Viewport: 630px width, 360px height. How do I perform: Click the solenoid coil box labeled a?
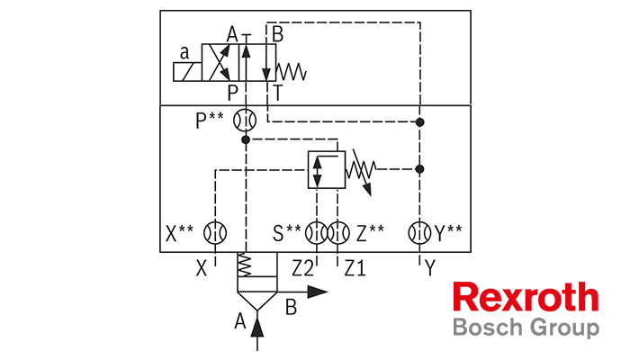pos(187,72)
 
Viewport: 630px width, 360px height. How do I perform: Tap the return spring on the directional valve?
pos(292,71)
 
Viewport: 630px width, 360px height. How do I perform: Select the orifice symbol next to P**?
pos(245,120)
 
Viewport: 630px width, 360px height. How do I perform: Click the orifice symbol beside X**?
pos(215,232)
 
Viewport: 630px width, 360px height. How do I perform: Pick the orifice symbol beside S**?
pos(316,232)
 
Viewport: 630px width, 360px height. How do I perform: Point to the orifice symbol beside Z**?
pos(338,232)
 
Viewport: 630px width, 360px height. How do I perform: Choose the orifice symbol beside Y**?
pos(419,232)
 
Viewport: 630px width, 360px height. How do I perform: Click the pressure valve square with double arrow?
pos(327,169)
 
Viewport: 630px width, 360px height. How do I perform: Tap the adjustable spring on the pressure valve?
pos(362,170)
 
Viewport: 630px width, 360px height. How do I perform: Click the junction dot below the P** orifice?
pos(246,139)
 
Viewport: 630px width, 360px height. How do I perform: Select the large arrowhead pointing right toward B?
pos(318,292)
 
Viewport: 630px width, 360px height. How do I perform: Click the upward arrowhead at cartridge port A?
pos(257,326)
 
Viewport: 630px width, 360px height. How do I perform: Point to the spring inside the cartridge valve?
pos(244,265)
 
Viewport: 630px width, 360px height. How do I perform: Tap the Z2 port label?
pos(302,268)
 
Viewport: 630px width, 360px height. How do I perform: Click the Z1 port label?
pos(355,268)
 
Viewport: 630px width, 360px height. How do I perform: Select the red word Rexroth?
pos(526,297)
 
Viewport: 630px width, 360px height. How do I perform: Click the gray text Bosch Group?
pos(526,328)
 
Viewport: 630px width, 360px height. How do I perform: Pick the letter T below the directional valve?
pos(277,93)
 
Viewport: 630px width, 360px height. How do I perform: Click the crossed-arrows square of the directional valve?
pos(220,63)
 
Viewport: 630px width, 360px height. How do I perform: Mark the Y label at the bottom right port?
pos(430,268)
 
